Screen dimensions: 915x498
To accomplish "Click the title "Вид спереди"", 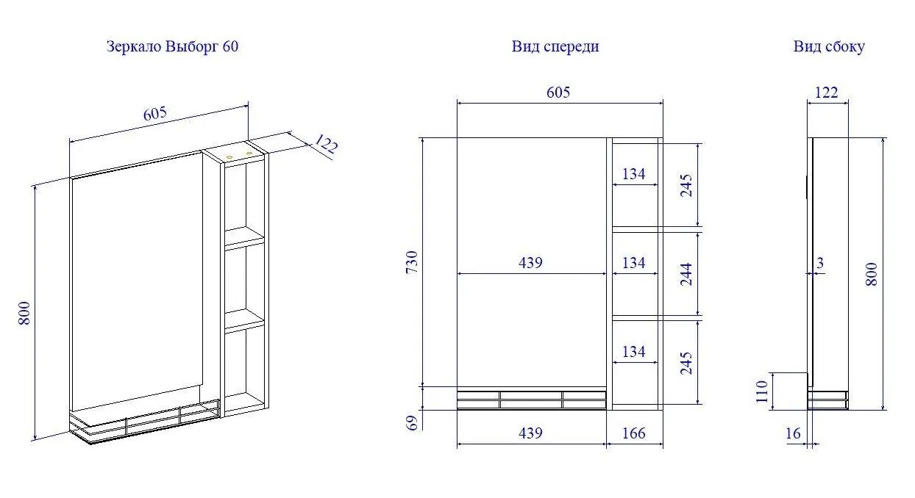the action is [x=555, y=46].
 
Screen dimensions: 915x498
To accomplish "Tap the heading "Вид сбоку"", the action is [x=829, y=46].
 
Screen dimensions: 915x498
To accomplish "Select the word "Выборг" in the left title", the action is [x=192, y=46].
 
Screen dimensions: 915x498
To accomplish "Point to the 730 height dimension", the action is [x=412, y=262].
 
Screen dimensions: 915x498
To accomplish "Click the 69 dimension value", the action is [x=412, y=423].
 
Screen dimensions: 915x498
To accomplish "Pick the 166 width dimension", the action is [x=633, y=433].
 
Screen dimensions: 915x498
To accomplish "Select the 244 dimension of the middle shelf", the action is [x=686, y=274].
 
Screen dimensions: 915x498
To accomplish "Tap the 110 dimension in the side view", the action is [x=762, y=391].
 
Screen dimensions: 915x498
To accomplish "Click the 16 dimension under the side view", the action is [x=793, y=433].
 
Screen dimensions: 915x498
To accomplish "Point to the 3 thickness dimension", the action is [x=820, y=264].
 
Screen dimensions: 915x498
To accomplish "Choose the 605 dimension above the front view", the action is [x=558, y=93].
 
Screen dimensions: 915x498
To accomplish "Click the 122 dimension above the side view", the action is [x=826, y=93].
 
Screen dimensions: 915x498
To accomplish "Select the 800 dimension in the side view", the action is [x=872, y=274].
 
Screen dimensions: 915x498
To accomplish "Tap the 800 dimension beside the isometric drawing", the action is [x=24, y=313].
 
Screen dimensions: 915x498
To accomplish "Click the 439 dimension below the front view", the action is [x=530, y=433].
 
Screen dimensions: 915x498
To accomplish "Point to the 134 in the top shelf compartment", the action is [x=633, y=174].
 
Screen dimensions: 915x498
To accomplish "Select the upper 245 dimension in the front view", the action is [x=686, y=186].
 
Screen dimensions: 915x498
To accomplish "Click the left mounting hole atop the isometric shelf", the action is [x=229, y=156].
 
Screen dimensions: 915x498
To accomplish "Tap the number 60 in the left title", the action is [x=230, y=46].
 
